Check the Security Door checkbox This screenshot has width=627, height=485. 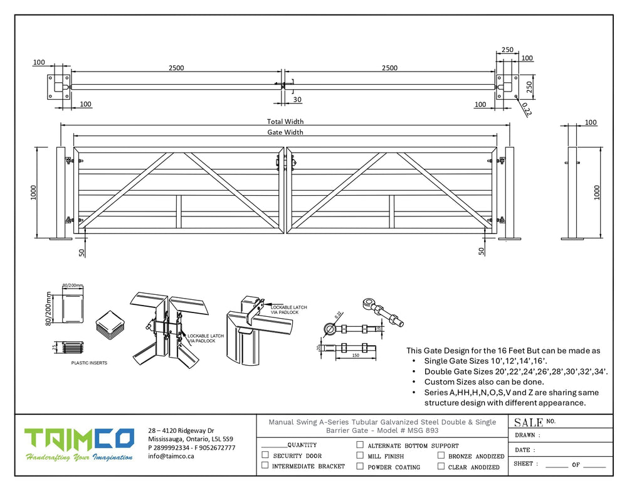pyautogui.click(x=265, y=456)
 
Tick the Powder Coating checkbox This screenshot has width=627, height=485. pyautogui.click(x=360, y=466)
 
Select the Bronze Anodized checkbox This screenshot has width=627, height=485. pyautogui.click(x=441, y=456)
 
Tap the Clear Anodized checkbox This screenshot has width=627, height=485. pyautogui.click(x=441, y=466)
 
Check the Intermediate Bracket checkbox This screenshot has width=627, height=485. pyautogui.click(x=265, y=466)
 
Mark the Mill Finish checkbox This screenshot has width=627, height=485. pyautogui.click(x=360, y=456)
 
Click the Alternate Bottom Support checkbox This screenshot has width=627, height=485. pyautogui.click(x=360, y=445)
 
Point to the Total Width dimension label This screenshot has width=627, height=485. pyautogui.click(x=285, y=121)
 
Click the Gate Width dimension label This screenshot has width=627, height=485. pyautogui.click(x=285, y=132)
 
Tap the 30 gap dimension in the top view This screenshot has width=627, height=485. pyautogui.click(x=297, y=100)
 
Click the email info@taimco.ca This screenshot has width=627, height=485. pyautogui.click(x=171, y=457)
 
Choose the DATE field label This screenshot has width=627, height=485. pyautogui.click(x=525, y=450)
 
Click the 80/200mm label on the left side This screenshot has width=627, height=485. pyautogui.click(x=47, y=309)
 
